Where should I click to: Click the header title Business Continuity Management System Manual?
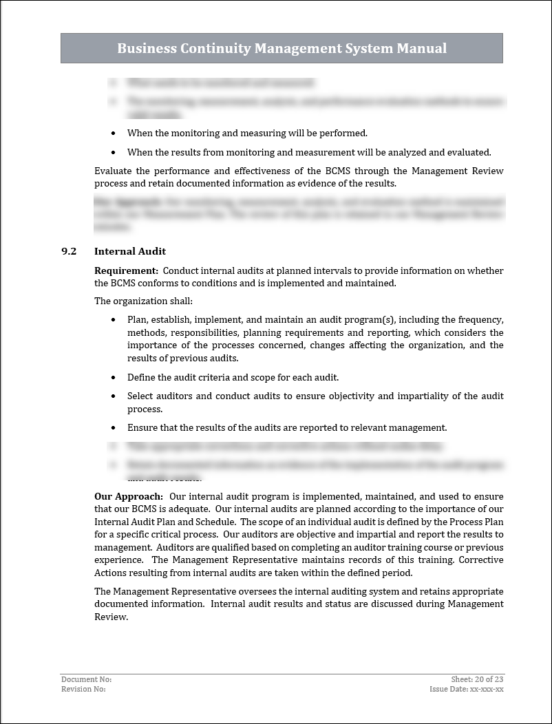[282, 48]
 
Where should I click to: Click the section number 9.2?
[69, 251]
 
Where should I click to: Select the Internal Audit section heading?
[130, 251]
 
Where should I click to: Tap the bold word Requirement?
[126, 270]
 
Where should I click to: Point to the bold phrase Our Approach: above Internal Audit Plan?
[129, 496]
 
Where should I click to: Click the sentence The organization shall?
[143, 301]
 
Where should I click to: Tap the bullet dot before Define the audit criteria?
[114, 378]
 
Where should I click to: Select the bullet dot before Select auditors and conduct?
[114, 396]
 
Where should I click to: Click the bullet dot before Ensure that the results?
[114, 428]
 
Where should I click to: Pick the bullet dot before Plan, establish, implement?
[114, 320]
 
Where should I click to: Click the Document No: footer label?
[86, 679]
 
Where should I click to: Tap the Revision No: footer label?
[83, 689]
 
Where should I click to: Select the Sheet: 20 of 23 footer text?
[477, 679]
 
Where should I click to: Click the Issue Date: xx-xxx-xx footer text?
[467, 689]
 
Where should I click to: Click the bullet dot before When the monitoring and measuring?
[114, 134]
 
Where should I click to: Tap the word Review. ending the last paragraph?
[111, 617]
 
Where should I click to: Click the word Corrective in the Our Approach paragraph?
[481, 560]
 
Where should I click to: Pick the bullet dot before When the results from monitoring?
[114, 153]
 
